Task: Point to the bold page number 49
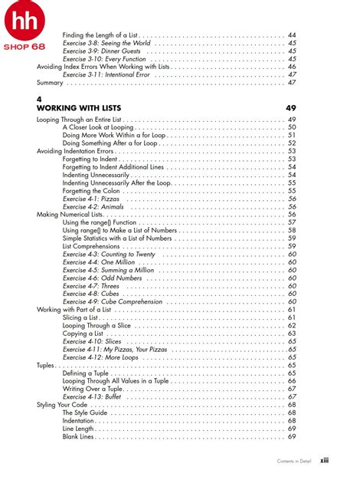(291, 109)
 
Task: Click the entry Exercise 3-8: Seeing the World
(106, 43)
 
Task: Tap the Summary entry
(50, 82)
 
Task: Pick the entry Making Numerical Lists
(73, 215)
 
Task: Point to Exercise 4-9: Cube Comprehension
(112, 302)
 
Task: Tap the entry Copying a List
(83, 334)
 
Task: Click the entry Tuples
(46, 366)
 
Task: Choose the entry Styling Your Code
(63, 405)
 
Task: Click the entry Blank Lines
(80, 436)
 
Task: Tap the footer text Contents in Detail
(293, 462)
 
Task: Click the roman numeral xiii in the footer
(325, 462)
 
